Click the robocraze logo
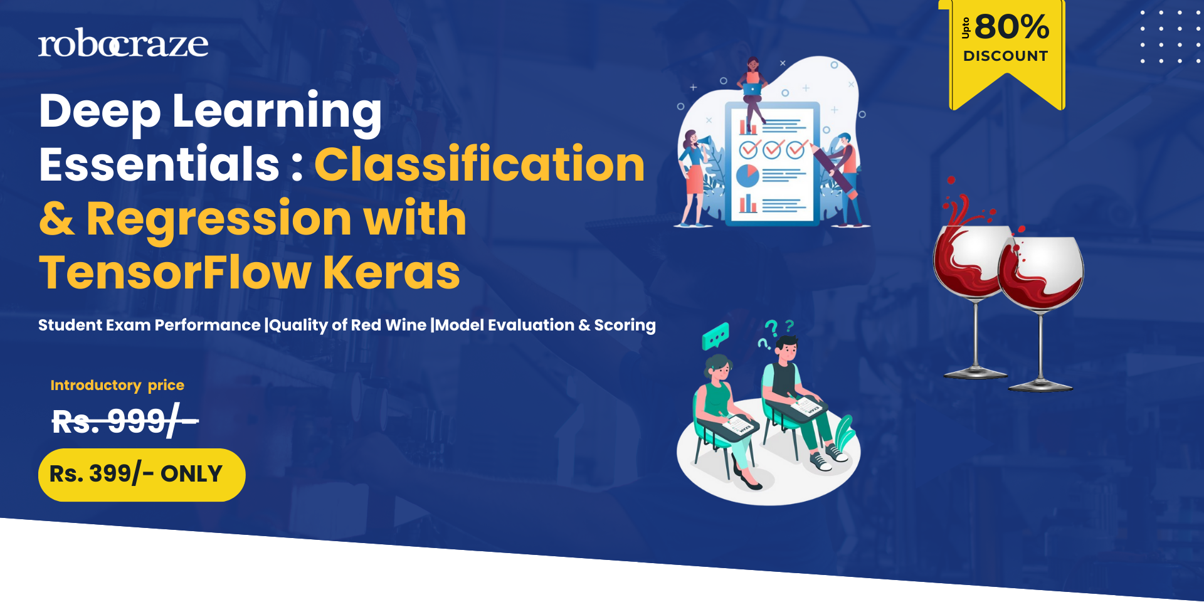tap(123, 43)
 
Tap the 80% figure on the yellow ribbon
tap(1011, 27)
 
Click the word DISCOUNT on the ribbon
tap(1005, 56)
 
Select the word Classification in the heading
tap(480, 164)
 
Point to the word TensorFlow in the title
tap(175, 272)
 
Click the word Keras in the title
tap(391, 272)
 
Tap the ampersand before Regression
tap(57, 219)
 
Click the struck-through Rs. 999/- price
tap(125, 421)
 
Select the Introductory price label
tap(117, 385)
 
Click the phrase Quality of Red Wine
tap(348, 325)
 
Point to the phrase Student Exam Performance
tap(149, 325)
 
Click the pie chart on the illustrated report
tap(747, 176)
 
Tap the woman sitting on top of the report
tap(752, 92)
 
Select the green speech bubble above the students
tap(716, 336)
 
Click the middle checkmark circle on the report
tap(772, 149)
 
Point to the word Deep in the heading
tap(100, 112)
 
